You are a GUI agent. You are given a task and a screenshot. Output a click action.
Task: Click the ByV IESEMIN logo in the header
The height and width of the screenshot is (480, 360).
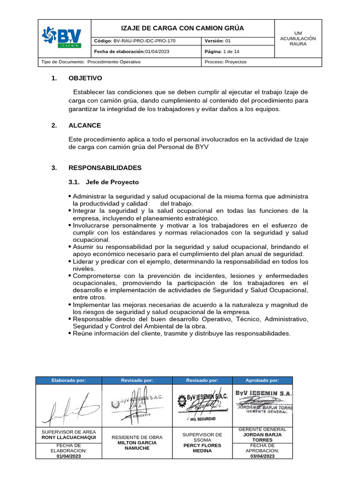pos(62,38)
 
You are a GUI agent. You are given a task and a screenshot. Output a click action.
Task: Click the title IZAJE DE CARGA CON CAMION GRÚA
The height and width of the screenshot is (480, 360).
pos(183,28)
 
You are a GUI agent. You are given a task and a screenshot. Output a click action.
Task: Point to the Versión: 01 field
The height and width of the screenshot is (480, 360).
pos(218,41)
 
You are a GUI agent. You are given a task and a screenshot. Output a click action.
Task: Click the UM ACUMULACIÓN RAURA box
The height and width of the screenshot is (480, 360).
pos(298,38)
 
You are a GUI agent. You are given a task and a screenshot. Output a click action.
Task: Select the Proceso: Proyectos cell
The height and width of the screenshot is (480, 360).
pos(225,62)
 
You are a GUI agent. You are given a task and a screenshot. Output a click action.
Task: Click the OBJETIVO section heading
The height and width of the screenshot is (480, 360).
pos(85,78)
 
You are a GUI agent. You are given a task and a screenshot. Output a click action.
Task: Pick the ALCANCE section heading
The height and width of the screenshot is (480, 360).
pos(84,125)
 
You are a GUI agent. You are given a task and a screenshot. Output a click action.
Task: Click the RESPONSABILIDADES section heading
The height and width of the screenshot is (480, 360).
pos(105,167)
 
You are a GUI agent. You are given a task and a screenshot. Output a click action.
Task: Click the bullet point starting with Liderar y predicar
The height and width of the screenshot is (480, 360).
pos(187,262)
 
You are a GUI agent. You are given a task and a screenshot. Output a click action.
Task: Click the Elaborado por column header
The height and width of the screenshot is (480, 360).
pos(69,381)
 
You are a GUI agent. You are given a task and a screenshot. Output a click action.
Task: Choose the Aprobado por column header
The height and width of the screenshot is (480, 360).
pos(262,381)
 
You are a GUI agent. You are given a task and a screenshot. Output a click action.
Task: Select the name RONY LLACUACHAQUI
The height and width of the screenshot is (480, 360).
pos(69,437)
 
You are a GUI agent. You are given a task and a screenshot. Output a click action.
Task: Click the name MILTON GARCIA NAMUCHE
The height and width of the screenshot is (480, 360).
pos(137,445)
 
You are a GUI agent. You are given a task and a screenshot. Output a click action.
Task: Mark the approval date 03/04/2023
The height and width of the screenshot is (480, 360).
pos(262,456)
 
